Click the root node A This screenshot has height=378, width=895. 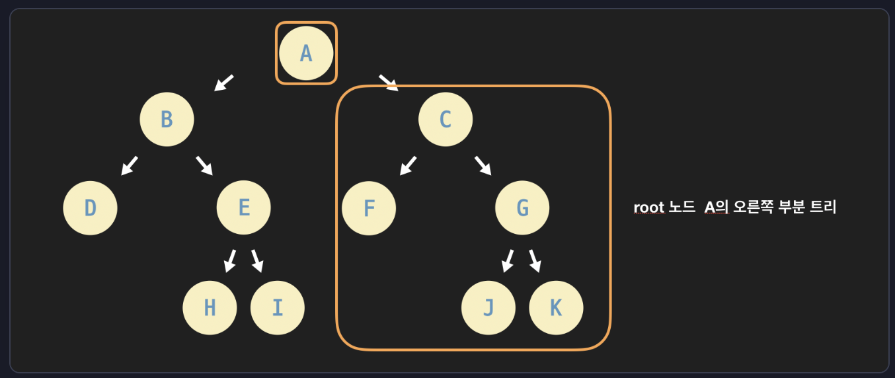point(306,53)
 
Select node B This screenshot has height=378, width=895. point(167,120)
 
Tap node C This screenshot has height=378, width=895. point(446,120)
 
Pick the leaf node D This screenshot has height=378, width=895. point(91,208)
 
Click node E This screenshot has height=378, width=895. point(244,208)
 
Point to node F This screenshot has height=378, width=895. point(369,208)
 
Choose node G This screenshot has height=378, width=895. point(522,208)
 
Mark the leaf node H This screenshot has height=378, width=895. point(210,308)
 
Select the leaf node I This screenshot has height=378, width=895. point(278,308)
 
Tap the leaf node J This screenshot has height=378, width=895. point(488,308)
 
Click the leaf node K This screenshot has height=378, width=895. point(557,308)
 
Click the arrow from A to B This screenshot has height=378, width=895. point(224,83)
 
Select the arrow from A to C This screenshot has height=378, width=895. point(389,83)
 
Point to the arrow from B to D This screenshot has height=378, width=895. point(130,165)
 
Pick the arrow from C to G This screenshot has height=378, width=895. point(483,165)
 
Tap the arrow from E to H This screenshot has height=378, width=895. point(230,261)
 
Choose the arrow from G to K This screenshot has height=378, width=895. point(535,261)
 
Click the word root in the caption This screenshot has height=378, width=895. point(648,208)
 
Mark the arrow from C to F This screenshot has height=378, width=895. point(409,165)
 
